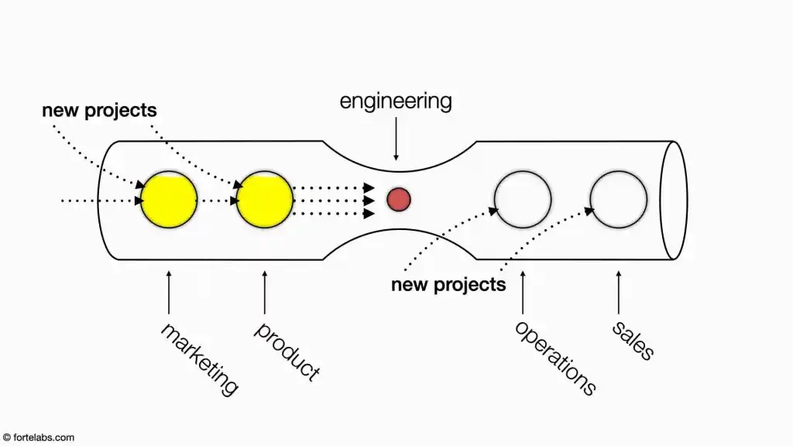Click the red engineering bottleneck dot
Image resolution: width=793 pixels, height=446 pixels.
tap(399, 199)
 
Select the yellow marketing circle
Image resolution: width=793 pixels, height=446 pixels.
tap(169, 199)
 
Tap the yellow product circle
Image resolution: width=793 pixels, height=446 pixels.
tap(265, 199)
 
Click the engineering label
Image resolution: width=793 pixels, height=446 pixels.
tap(396, 101)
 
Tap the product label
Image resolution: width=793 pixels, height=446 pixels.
tap(287, 351)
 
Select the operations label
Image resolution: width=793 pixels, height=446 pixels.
tap(555, 358)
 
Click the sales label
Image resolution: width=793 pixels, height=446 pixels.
tap(633, 341)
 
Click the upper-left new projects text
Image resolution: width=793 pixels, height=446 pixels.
tap(99, 111)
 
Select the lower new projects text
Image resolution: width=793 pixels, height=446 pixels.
tap(448, 285)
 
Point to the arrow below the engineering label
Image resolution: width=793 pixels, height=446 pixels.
tap(396, 139)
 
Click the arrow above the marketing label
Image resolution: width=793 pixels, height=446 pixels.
tap(169, 292)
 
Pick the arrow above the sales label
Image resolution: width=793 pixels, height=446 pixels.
tap(619, 292)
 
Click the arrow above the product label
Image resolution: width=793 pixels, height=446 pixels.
tap(265, 292)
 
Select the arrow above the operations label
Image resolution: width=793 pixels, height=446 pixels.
tap(523, 292)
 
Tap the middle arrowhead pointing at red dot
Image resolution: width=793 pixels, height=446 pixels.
tap(369, 201)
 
